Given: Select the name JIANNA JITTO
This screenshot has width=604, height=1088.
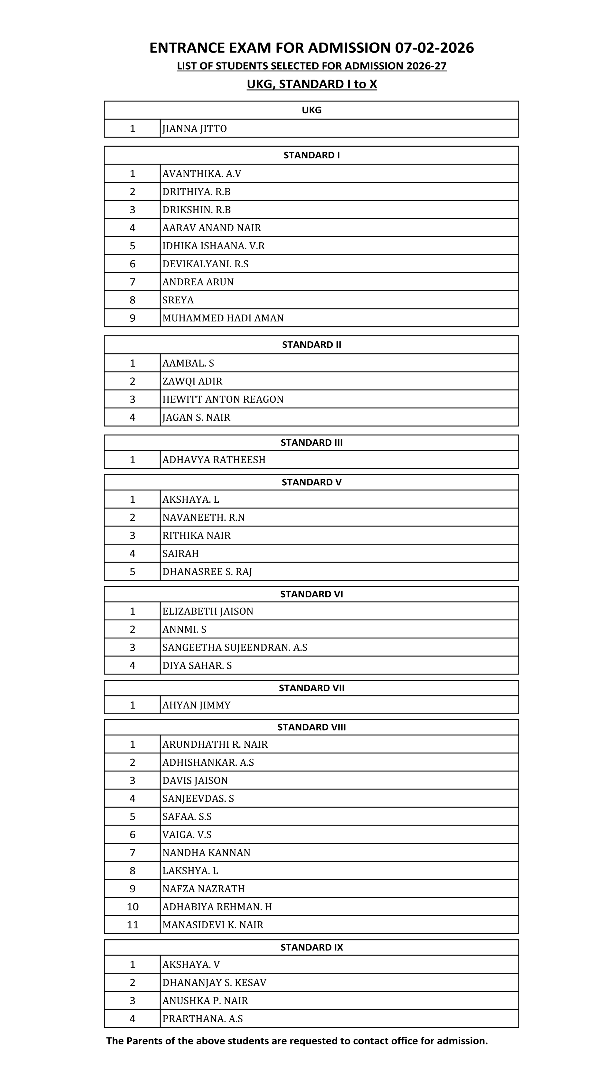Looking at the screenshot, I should point(194,128).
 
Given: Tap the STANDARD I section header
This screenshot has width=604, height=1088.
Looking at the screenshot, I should point(311,155).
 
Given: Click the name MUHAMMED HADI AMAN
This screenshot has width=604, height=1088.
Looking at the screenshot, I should point(223,318).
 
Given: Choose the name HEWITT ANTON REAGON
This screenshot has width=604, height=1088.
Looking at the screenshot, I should point(223,399).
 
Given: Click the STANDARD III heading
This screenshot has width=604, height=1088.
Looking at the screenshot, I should point(311,443).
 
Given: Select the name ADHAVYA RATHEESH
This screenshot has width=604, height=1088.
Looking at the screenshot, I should point(214,460).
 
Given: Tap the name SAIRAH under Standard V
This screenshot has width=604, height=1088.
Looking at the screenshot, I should point(180,553).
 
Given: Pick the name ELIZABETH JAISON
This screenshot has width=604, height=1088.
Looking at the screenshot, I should point(208,611).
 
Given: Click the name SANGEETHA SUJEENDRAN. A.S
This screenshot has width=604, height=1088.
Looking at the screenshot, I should point(235,647).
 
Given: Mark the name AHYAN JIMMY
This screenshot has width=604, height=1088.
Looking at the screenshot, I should point(197,705).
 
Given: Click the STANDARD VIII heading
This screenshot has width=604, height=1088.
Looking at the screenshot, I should point(311,727).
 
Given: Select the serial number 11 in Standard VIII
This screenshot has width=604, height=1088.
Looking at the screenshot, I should point(132,925).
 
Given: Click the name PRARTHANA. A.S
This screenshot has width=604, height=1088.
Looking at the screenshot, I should point(202,1018).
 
